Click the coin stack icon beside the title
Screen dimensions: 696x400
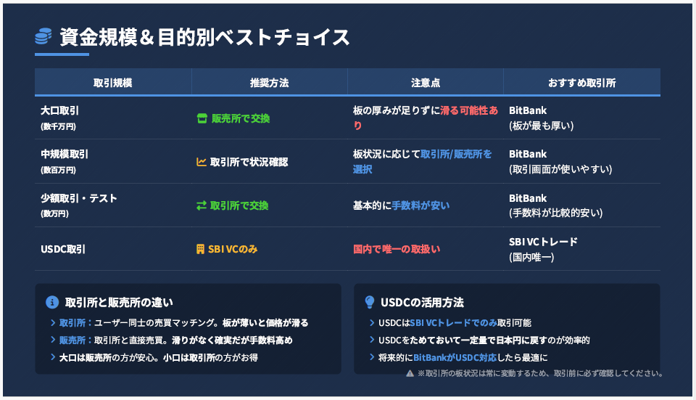click(43, 36)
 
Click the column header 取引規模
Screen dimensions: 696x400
click(113, 83)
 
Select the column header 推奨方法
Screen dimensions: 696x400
click(270, 83)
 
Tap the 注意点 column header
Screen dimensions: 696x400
click(426, 83)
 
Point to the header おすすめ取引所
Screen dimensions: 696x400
click(582, 83)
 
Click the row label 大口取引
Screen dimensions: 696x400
click(60, 110)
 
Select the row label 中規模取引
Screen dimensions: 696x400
click(65, 154)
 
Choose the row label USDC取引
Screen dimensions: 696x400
click(63, 249)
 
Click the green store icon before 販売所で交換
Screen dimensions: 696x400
click(202, 118)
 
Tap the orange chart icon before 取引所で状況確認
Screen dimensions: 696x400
click(202, 162)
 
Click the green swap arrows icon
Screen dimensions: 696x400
click(202, 205)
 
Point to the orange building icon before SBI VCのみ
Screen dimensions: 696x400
click(201, 249)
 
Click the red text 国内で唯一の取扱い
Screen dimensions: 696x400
click(397, 249)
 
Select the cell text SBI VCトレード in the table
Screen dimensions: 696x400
click(543, 242)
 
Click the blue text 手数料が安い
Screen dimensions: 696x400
click(420, 205)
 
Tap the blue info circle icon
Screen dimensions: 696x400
click(52, 302)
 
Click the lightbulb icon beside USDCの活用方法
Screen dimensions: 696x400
click(369, 302)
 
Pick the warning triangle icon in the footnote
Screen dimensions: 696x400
click(410, 373)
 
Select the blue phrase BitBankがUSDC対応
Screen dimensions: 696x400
click(455, 357)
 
